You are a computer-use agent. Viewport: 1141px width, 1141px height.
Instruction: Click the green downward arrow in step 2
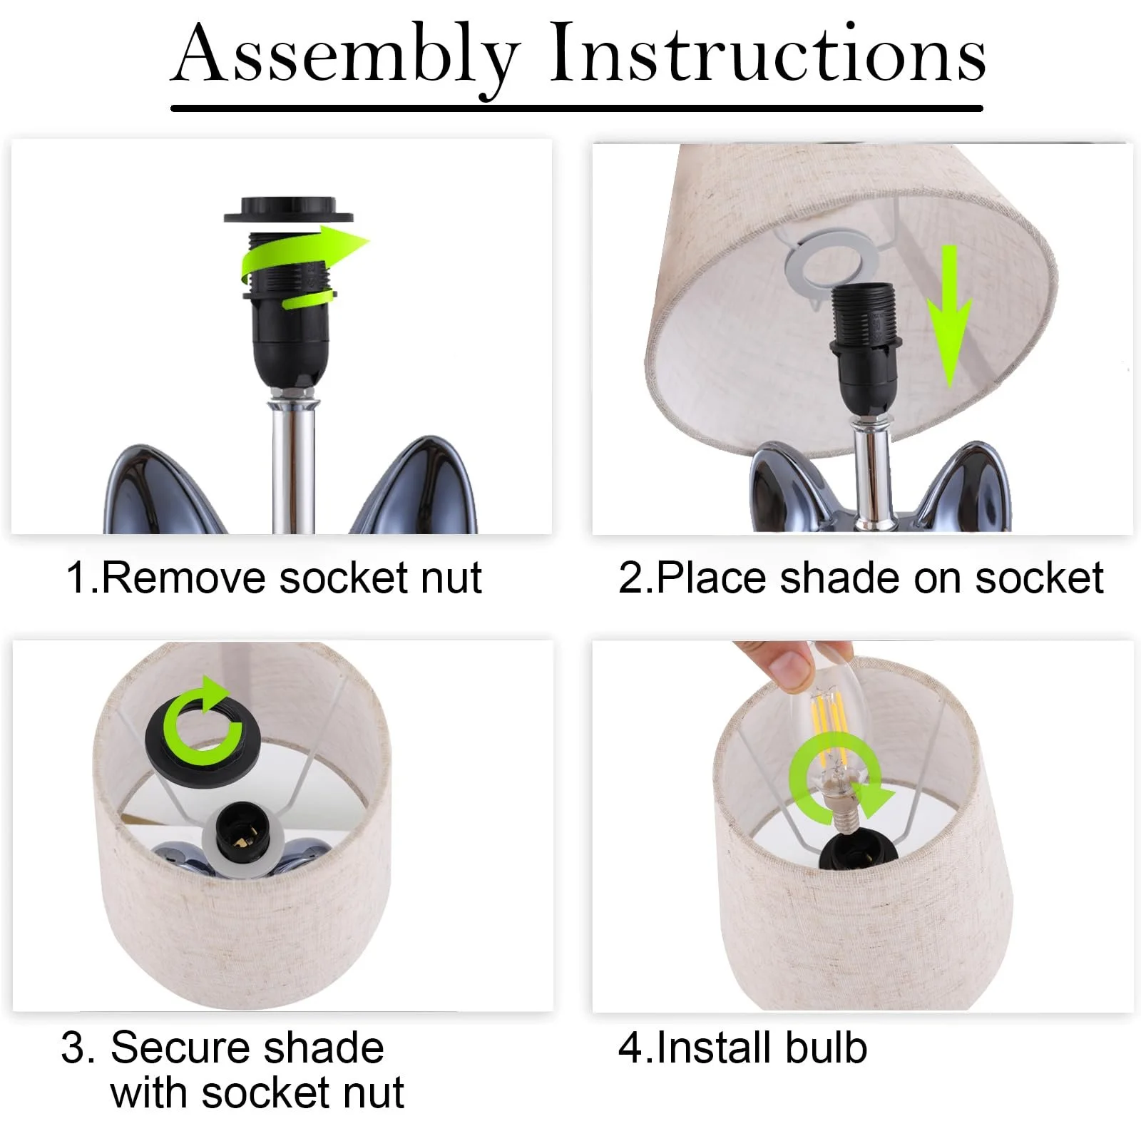coord(949,317)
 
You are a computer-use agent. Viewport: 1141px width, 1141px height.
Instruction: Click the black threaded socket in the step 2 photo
coord(862,349)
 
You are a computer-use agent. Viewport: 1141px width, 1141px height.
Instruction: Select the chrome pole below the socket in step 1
coord(292,464)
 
